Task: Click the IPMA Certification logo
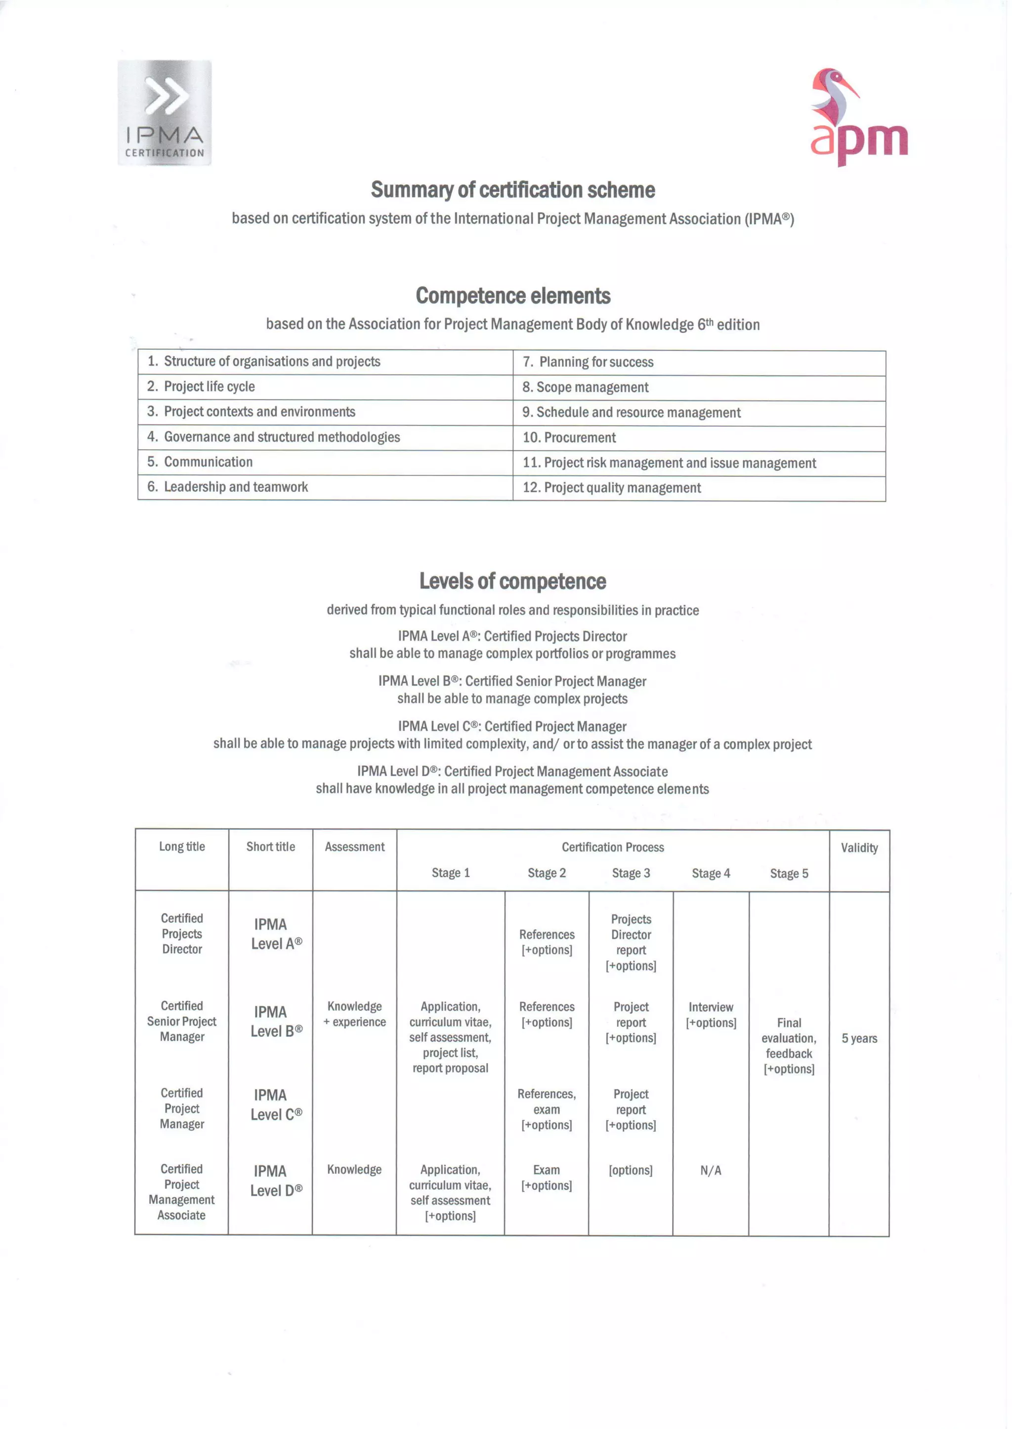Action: pyautogui.click(x=165, y=113)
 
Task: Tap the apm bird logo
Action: pyautogui.click(x=859, y=117)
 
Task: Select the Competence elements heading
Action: pyautogui.click(x=512, y=296)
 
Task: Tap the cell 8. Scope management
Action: pyautogui.click(x=586, y=387)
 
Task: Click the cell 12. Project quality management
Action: pyautogui.click(x=612, y=488)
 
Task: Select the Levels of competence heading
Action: pyautogui.click(x=512, y=581)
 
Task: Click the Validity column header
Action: pyautogui.click(x=859, y=847)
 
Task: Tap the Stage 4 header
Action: pyautogui.click(x=711, y=873)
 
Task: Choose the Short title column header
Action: pyautogui.click(x=270, y=847)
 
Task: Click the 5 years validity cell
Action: pyautogui.click(x=859, y=1038)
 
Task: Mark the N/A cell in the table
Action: pyautogui.click(x=711, y=1171)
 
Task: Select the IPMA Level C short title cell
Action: pyautogui.click(x=276, y=1104)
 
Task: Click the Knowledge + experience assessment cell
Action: pyautogui.click(x=355, y=1014)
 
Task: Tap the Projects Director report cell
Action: pyautogui.click(x=631, y=942)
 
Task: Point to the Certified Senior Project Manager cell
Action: pyautogui.click(x=181, y=1021)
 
